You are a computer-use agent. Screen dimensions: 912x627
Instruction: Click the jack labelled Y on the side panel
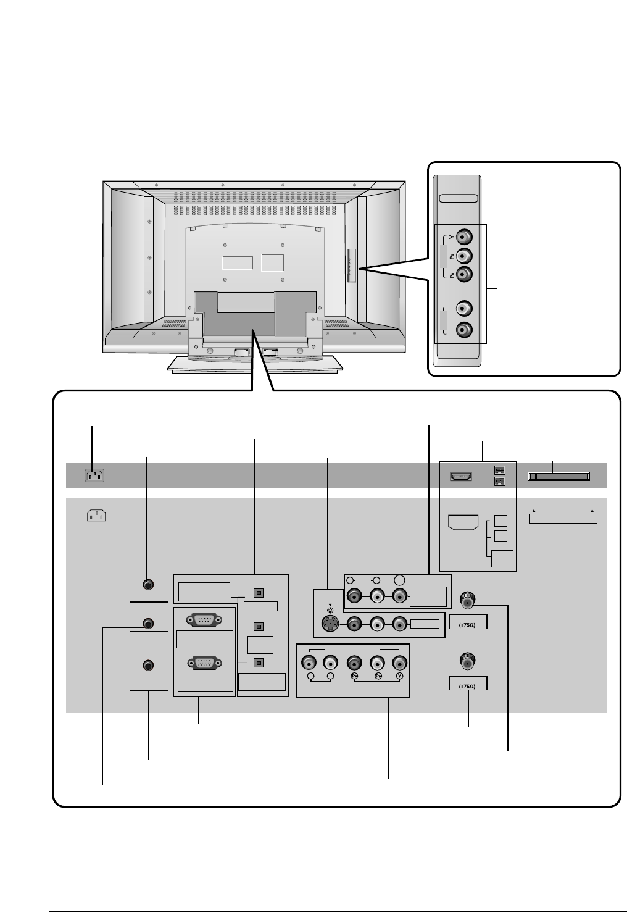(465, 236)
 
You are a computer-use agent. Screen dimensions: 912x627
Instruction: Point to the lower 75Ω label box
(468, 684)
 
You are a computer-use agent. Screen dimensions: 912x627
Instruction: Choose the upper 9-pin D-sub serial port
(204, 620)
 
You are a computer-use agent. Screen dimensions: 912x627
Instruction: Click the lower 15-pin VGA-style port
(204, 663)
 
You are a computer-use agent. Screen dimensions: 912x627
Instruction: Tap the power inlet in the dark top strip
(94, 475)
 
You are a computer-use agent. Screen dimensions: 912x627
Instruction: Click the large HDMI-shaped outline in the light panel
(462, 523)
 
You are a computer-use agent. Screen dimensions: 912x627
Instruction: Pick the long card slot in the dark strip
(559, 476)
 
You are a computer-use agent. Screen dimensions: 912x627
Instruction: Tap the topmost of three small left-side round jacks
(148, 584)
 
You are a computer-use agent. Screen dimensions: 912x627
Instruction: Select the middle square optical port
(259, 627)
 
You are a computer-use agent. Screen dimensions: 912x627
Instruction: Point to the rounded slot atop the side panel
(459, 199)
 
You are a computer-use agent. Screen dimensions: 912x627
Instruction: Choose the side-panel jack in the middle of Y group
(465, 255)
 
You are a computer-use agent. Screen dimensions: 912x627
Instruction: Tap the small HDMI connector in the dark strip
(461, 476)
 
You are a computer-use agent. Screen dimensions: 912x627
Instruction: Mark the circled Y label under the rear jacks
(400, 677)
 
